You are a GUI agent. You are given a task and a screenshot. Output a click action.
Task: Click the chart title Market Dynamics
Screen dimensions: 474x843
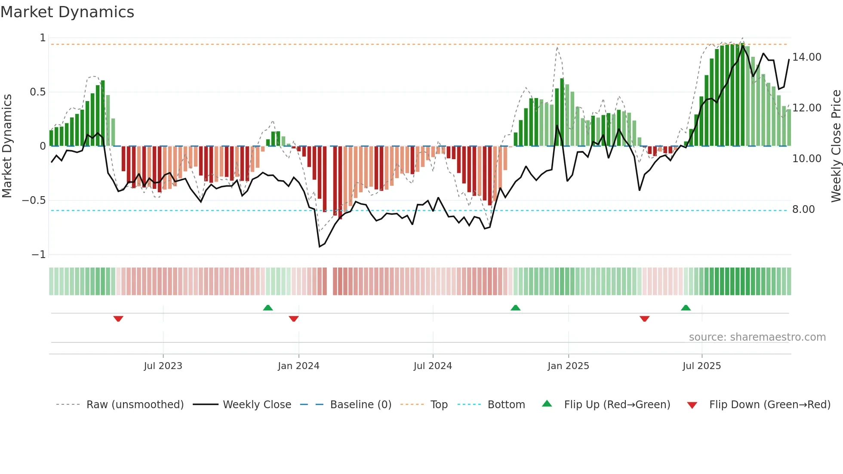click(67, 12)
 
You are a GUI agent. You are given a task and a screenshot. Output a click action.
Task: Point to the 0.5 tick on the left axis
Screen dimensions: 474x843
click(37, 92)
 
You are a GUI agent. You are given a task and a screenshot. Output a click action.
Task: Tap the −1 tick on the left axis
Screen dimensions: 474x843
click(38, 255)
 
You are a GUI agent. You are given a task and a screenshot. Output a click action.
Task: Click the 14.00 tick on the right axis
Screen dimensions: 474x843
click(806, 57)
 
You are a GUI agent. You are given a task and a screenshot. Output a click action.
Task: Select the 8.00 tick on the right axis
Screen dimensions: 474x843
click(803, 209)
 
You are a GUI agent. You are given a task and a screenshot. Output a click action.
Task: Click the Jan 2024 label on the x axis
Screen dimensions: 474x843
click(298, 366)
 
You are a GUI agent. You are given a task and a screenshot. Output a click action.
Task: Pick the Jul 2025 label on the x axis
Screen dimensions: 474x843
click(701, 366)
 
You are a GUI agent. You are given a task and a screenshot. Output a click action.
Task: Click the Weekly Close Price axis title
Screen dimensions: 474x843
click(836, 146)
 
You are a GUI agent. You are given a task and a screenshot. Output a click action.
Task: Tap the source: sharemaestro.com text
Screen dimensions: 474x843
click(757, 337)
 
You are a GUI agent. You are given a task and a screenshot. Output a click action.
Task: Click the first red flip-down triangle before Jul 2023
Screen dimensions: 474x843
click(118, 319)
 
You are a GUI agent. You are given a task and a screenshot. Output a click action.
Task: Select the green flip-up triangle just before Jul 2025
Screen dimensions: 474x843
click(686, 308)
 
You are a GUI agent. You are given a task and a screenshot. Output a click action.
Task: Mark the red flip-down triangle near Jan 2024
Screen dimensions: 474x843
click(294, 319)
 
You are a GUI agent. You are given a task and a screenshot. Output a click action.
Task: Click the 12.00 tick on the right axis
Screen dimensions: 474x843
click(806, 108)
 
